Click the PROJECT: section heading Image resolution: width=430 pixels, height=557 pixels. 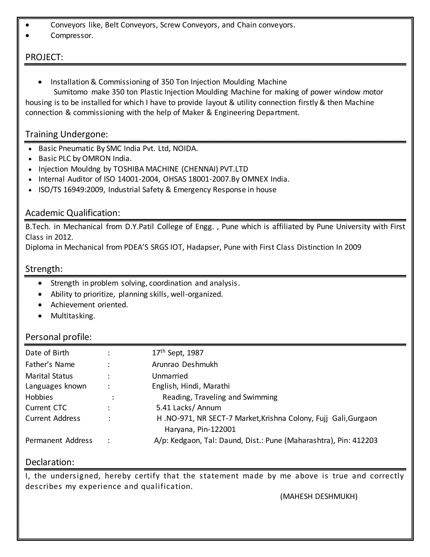44,57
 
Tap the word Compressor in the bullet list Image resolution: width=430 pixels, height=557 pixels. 72,36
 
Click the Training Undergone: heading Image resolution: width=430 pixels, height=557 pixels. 67,134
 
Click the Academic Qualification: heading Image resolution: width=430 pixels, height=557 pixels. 73,213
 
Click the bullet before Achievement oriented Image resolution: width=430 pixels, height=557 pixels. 40,305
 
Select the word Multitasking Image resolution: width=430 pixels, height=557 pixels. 73,316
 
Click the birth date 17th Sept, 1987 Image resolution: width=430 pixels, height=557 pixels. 178,353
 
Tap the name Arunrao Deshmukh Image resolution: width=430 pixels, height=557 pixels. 185,364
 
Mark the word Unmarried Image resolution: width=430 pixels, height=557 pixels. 170,376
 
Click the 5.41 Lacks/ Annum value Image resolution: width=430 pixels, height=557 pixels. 189,408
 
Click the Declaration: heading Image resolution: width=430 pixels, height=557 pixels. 50,462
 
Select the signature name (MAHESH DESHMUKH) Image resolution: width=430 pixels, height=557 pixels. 319,496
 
